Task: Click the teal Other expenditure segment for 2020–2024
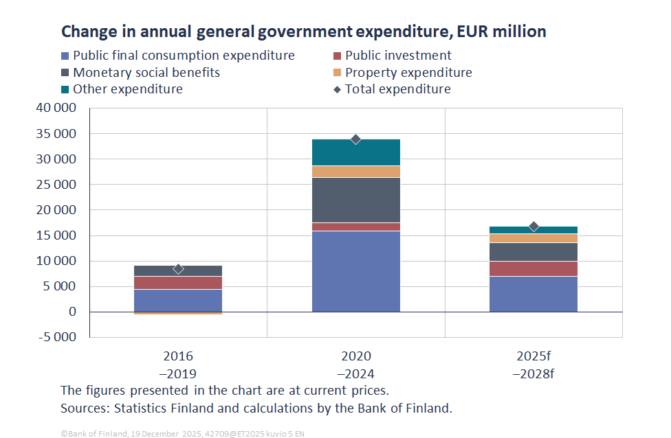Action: click(355, 152)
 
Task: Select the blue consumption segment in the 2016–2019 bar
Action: click(178, 300)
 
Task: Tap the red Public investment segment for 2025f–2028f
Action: click(533, 268)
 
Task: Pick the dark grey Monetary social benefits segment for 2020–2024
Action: click(355, 200)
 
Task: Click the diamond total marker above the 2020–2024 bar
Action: click(355, 139)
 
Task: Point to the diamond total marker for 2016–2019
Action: click(178, 269)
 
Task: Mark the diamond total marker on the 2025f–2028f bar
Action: click(533, 227)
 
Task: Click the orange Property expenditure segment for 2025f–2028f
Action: click(533, 238)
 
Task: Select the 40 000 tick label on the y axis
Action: click(57, 108)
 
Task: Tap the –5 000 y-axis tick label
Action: click(57, 337)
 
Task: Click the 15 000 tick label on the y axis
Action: click(57, 235)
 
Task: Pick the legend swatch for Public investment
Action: click(337, 56)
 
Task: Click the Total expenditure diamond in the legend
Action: click(337, 89)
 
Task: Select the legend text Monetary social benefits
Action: click(146, 73)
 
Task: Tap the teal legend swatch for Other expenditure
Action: click(65, 89)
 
